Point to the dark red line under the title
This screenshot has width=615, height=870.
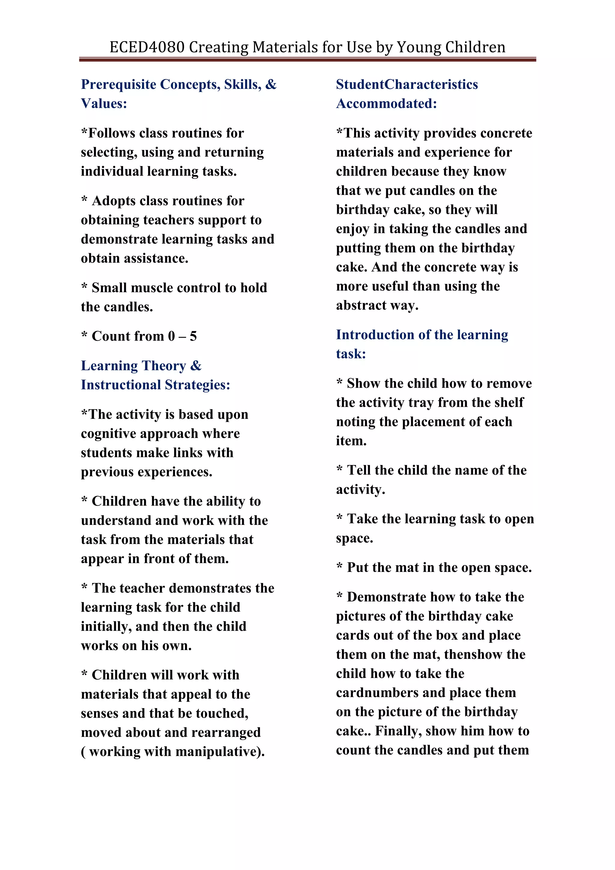(x=307, y=59)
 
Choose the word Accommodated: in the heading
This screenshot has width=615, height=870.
(x=386, y=103)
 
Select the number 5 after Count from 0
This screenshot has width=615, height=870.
(x=193, y=336)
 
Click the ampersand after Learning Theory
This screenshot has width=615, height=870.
(x=196, y=366)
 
